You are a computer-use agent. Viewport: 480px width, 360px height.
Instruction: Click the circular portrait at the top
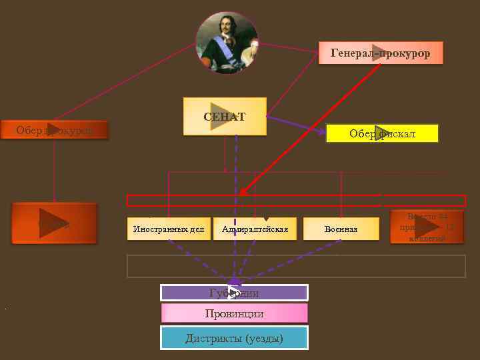pyautogui.click(x=227, y=43)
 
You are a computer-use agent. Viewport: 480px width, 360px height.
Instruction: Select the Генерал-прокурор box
pyautogui.click(x=381, y=53)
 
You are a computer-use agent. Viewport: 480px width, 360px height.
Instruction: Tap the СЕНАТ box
pyautogui.click(x=225, y=117)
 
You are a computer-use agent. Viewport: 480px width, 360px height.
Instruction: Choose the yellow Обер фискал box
pyautogui.click(x=382, y=133)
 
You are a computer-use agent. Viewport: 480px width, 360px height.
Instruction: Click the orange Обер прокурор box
pyautogui.click(x=54, y=131)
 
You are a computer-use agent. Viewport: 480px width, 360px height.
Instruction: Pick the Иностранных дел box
pyautogui.click(x=169, y=229)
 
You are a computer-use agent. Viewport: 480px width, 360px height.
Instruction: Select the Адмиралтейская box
pyautogui.click(x=255, y=229)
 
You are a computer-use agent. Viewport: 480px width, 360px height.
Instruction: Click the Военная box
pyautogui.click(x=341, y=229)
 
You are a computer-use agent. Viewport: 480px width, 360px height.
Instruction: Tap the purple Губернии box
pyautogui.click(x=234, y=293)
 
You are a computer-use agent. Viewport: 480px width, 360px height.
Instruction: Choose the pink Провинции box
pyautogui.click(x=234, y=313)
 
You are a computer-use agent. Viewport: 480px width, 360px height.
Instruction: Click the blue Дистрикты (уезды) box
pyautogui.click(x=234, y=338)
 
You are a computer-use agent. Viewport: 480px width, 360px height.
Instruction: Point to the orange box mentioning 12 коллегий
pyautogui.click(x=427, y=227)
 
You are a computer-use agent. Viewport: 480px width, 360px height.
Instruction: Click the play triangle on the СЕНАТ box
pyautogui.click(x=219, y=116)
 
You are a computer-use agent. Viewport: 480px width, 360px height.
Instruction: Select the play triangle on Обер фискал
pyautogui.click(x=382, y=133)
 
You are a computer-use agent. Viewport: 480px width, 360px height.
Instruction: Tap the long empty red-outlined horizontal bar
pyautogui.click(x=296, y=201)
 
